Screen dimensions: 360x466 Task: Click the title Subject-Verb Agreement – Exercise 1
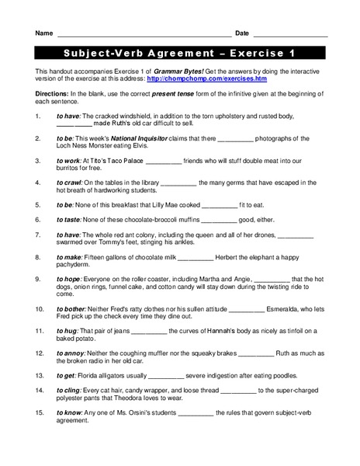point(180,54)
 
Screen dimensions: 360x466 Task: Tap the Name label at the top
point(43,33)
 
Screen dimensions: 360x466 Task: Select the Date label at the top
point(242,33)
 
